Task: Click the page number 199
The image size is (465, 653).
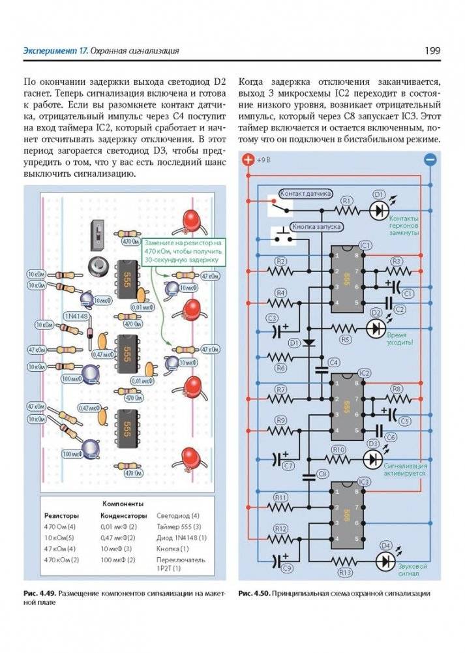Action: pos(432,50)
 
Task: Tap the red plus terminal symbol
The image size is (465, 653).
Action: pos(247,159)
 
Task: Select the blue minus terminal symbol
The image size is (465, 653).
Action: pos(429,159)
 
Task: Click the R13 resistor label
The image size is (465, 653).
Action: pos(346,572)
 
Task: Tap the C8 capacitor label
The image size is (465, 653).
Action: pos(321,473)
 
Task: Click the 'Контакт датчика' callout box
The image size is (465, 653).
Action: pos(305,194)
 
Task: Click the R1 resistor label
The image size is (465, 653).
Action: pos(347,200)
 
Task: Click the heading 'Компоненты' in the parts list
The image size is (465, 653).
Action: pos(123,504)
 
